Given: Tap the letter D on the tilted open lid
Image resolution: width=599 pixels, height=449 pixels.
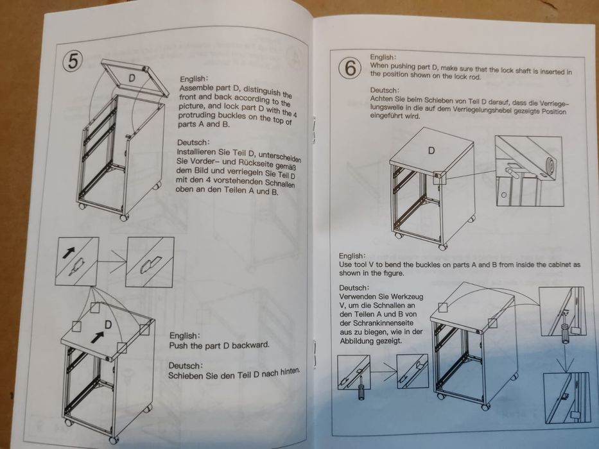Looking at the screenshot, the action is pyautogui.click(x=132, y=78).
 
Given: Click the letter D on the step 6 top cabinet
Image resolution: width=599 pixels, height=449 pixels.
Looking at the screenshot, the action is pyautogui.click(x=431, y=151).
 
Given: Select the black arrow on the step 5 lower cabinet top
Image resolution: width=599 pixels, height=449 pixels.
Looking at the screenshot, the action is pyautogui.click(x=98, y=337).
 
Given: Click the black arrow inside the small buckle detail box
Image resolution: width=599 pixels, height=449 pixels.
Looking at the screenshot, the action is pyautogui.click(x=69, y=252).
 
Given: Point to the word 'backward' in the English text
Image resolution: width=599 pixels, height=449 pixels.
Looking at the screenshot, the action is pyautogui.click(x=250, y=345).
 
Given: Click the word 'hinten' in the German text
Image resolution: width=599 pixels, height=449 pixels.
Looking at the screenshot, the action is pyautogui.click(x=290, y=371).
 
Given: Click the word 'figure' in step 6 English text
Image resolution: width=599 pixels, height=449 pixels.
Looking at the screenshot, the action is pyautogui.click(x=393, y=273).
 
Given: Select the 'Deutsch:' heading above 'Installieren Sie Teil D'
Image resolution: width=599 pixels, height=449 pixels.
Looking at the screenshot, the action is pyautogui.click(x=193, y=142).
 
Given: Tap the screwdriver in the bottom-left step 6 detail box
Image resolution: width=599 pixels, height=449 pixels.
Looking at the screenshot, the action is pyautogui.click(x=361, y=387).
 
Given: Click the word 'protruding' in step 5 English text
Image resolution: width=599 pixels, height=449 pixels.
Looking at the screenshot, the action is pyautogui.click(x=196, y=115).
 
